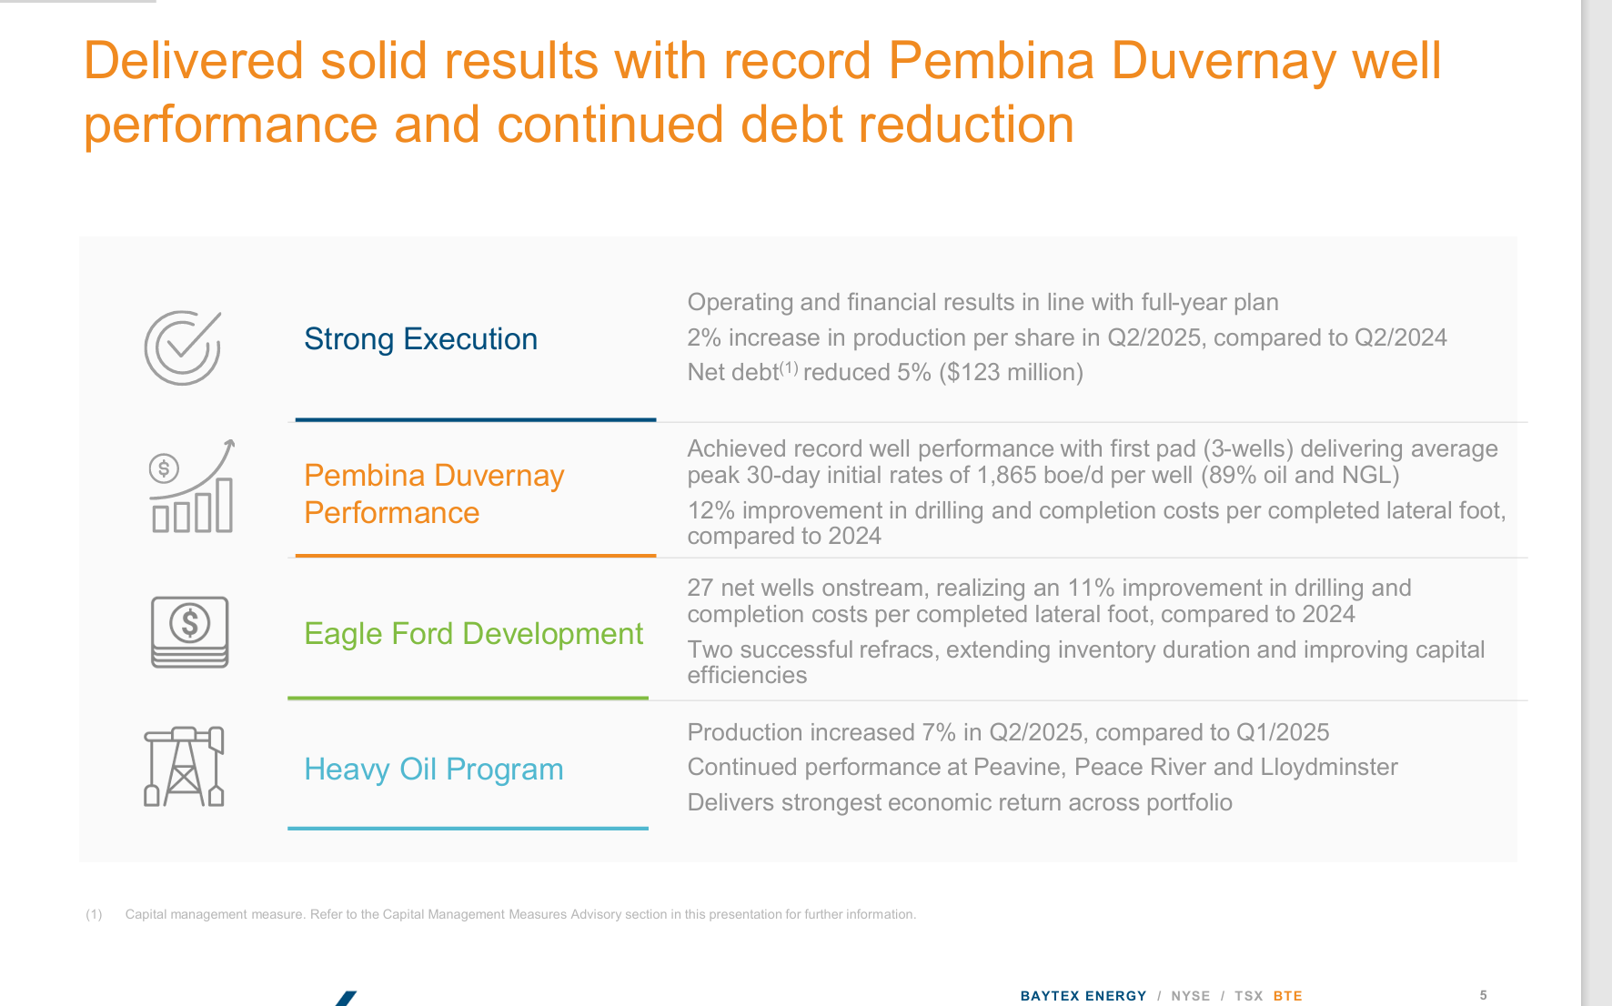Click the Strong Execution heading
[420, 339]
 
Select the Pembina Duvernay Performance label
[434, 494]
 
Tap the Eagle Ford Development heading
[473, 634]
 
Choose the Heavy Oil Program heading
[433, 770]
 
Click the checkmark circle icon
[183, 347]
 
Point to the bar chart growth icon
[192, 486]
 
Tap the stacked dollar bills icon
[189, 632]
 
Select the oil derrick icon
[184, 767]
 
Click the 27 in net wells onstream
[700, 589]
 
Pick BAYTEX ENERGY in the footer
[1083, 996]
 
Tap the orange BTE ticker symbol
[1287, 996]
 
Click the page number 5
[1483, 995]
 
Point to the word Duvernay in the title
[1223, 61]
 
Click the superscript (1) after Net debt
[788, 367]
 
